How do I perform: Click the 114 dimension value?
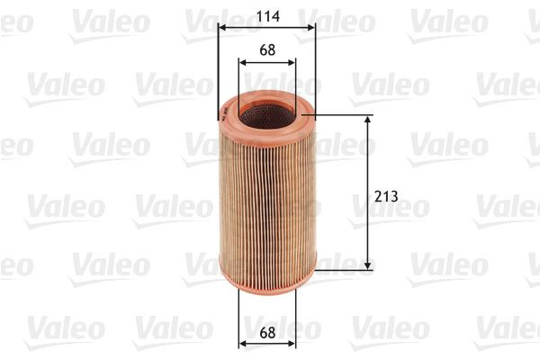click(266, 14)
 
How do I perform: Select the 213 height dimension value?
click(386, 195)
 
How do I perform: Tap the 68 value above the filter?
click(266, 50)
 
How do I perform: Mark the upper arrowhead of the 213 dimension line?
click(369, 119)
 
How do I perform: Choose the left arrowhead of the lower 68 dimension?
click(242, 344)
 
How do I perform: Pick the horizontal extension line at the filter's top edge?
click(342, 114)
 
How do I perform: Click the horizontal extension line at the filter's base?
click(342, 269)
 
